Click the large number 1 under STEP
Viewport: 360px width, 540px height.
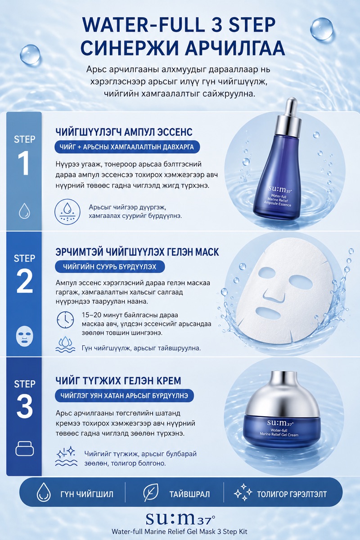click(x=24, y=163)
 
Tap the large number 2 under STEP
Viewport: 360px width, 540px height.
click(x=24, y=281)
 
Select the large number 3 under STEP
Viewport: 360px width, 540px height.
click(x=24, y=406)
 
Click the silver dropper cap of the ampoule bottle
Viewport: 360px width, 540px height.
click(x=290, y=118)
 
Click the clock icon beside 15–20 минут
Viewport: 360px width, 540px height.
click(x=65, y=319)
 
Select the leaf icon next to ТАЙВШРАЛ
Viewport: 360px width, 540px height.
click(x=151, y=494)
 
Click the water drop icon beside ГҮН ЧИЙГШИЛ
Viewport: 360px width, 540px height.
click(x=44, y=494)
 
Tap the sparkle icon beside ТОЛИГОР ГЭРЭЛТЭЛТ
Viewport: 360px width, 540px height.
click(x=243, y=494)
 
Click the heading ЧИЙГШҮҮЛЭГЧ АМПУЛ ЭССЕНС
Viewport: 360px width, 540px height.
click(x=124, y=132)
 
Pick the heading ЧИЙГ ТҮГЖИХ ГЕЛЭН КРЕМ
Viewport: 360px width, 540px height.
click(x=118, y=381)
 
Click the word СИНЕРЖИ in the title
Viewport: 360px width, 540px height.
click(x=127, y=48)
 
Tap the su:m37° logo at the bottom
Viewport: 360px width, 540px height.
click(x=180, y=518)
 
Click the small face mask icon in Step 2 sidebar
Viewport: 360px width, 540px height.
click(x=24, y=336)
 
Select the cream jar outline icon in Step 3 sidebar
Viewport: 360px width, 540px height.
click(x=24, y=448)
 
